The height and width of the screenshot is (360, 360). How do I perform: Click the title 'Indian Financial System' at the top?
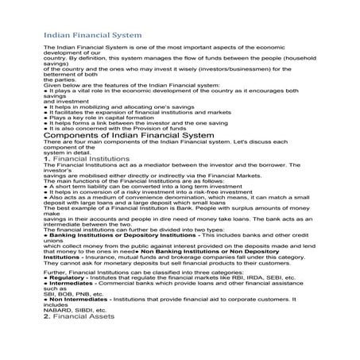click(93, 35)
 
